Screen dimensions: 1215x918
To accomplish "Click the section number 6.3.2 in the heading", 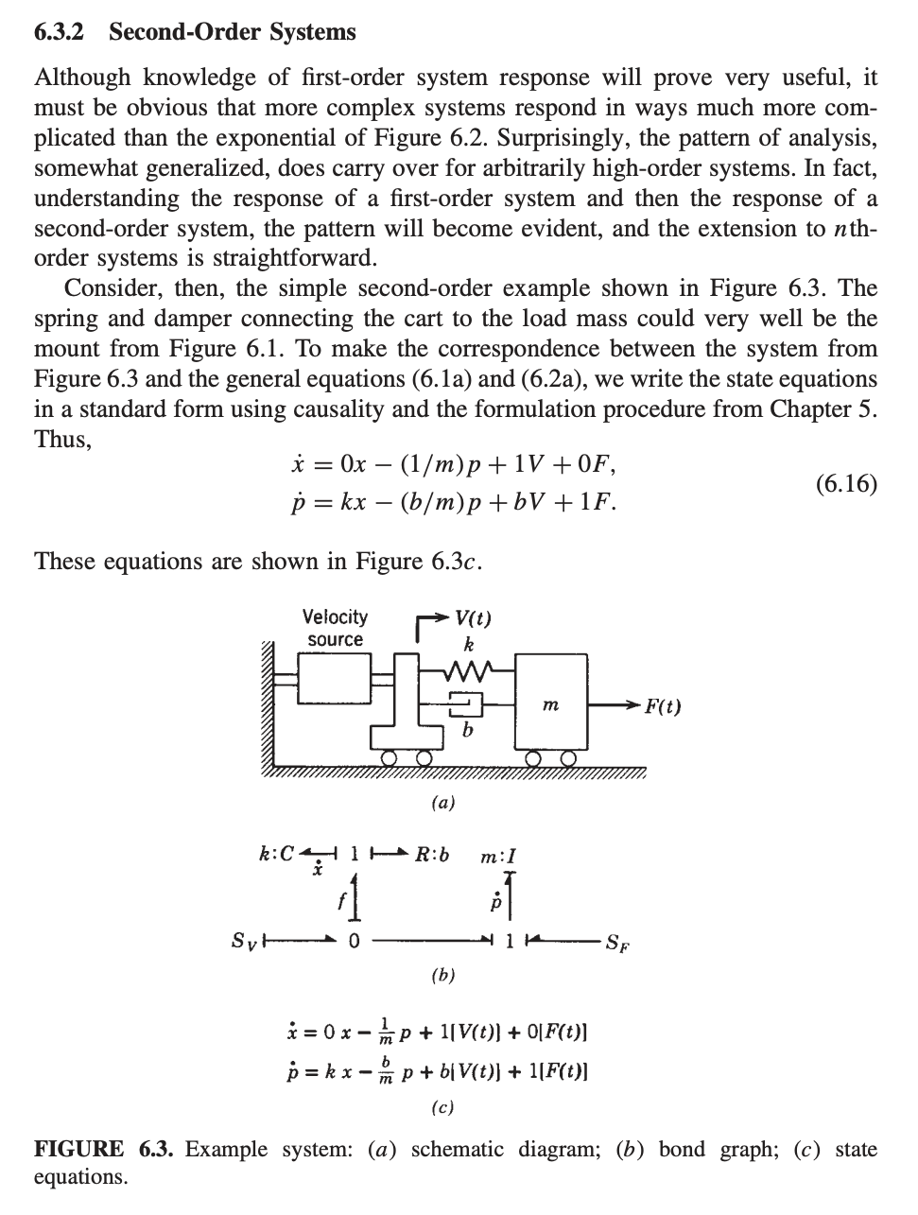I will coord(59,32).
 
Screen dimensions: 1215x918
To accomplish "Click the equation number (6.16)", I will coord(845,484).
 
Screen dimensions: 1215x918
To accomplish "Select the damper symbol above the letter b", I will coord(464,703).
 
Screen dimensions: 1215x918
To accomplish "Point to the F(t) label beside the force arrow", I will coord(663,706).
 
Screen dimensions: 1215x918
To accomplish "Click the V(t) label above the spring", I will coord(472,619).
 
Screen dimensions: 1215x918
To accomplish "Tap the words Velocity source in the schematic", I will coord(335,628).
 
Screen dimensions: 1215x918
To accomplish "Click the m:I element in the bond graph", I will coord(497,858).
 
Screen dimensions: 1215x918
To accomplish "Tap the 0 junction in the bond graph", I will coord(354,941).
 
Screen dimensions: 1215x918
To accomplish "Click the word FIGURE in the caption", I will coord(78,1150).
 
